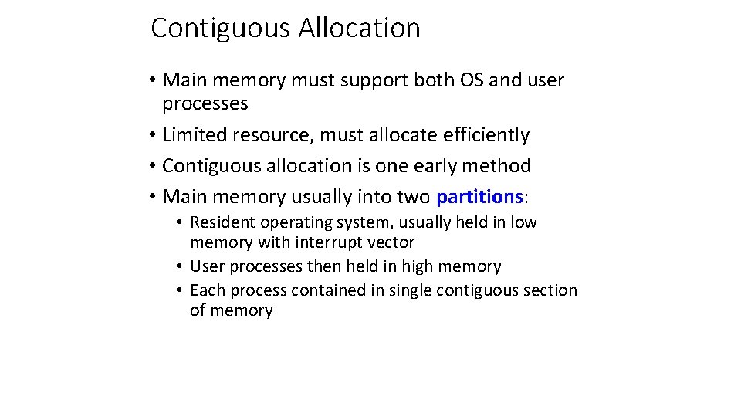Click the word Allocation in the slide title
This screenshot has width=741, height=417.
pyautogui.click(x=360, y=29)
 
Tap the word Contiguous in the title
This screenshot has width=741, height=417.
pyautogui.click(x=221, y=29)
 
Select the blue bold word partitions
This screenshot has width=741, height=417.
pyautogui.click(x=479, y=197)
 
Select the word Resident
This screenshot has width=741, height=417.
pyautogui.click(x=222, y=222)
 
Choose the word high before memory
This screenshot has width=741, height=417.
pyautogui.click(x=412, y=266)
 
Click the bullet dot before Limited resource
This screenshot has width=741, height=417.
pyautogui.click(x=154, y=135)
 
